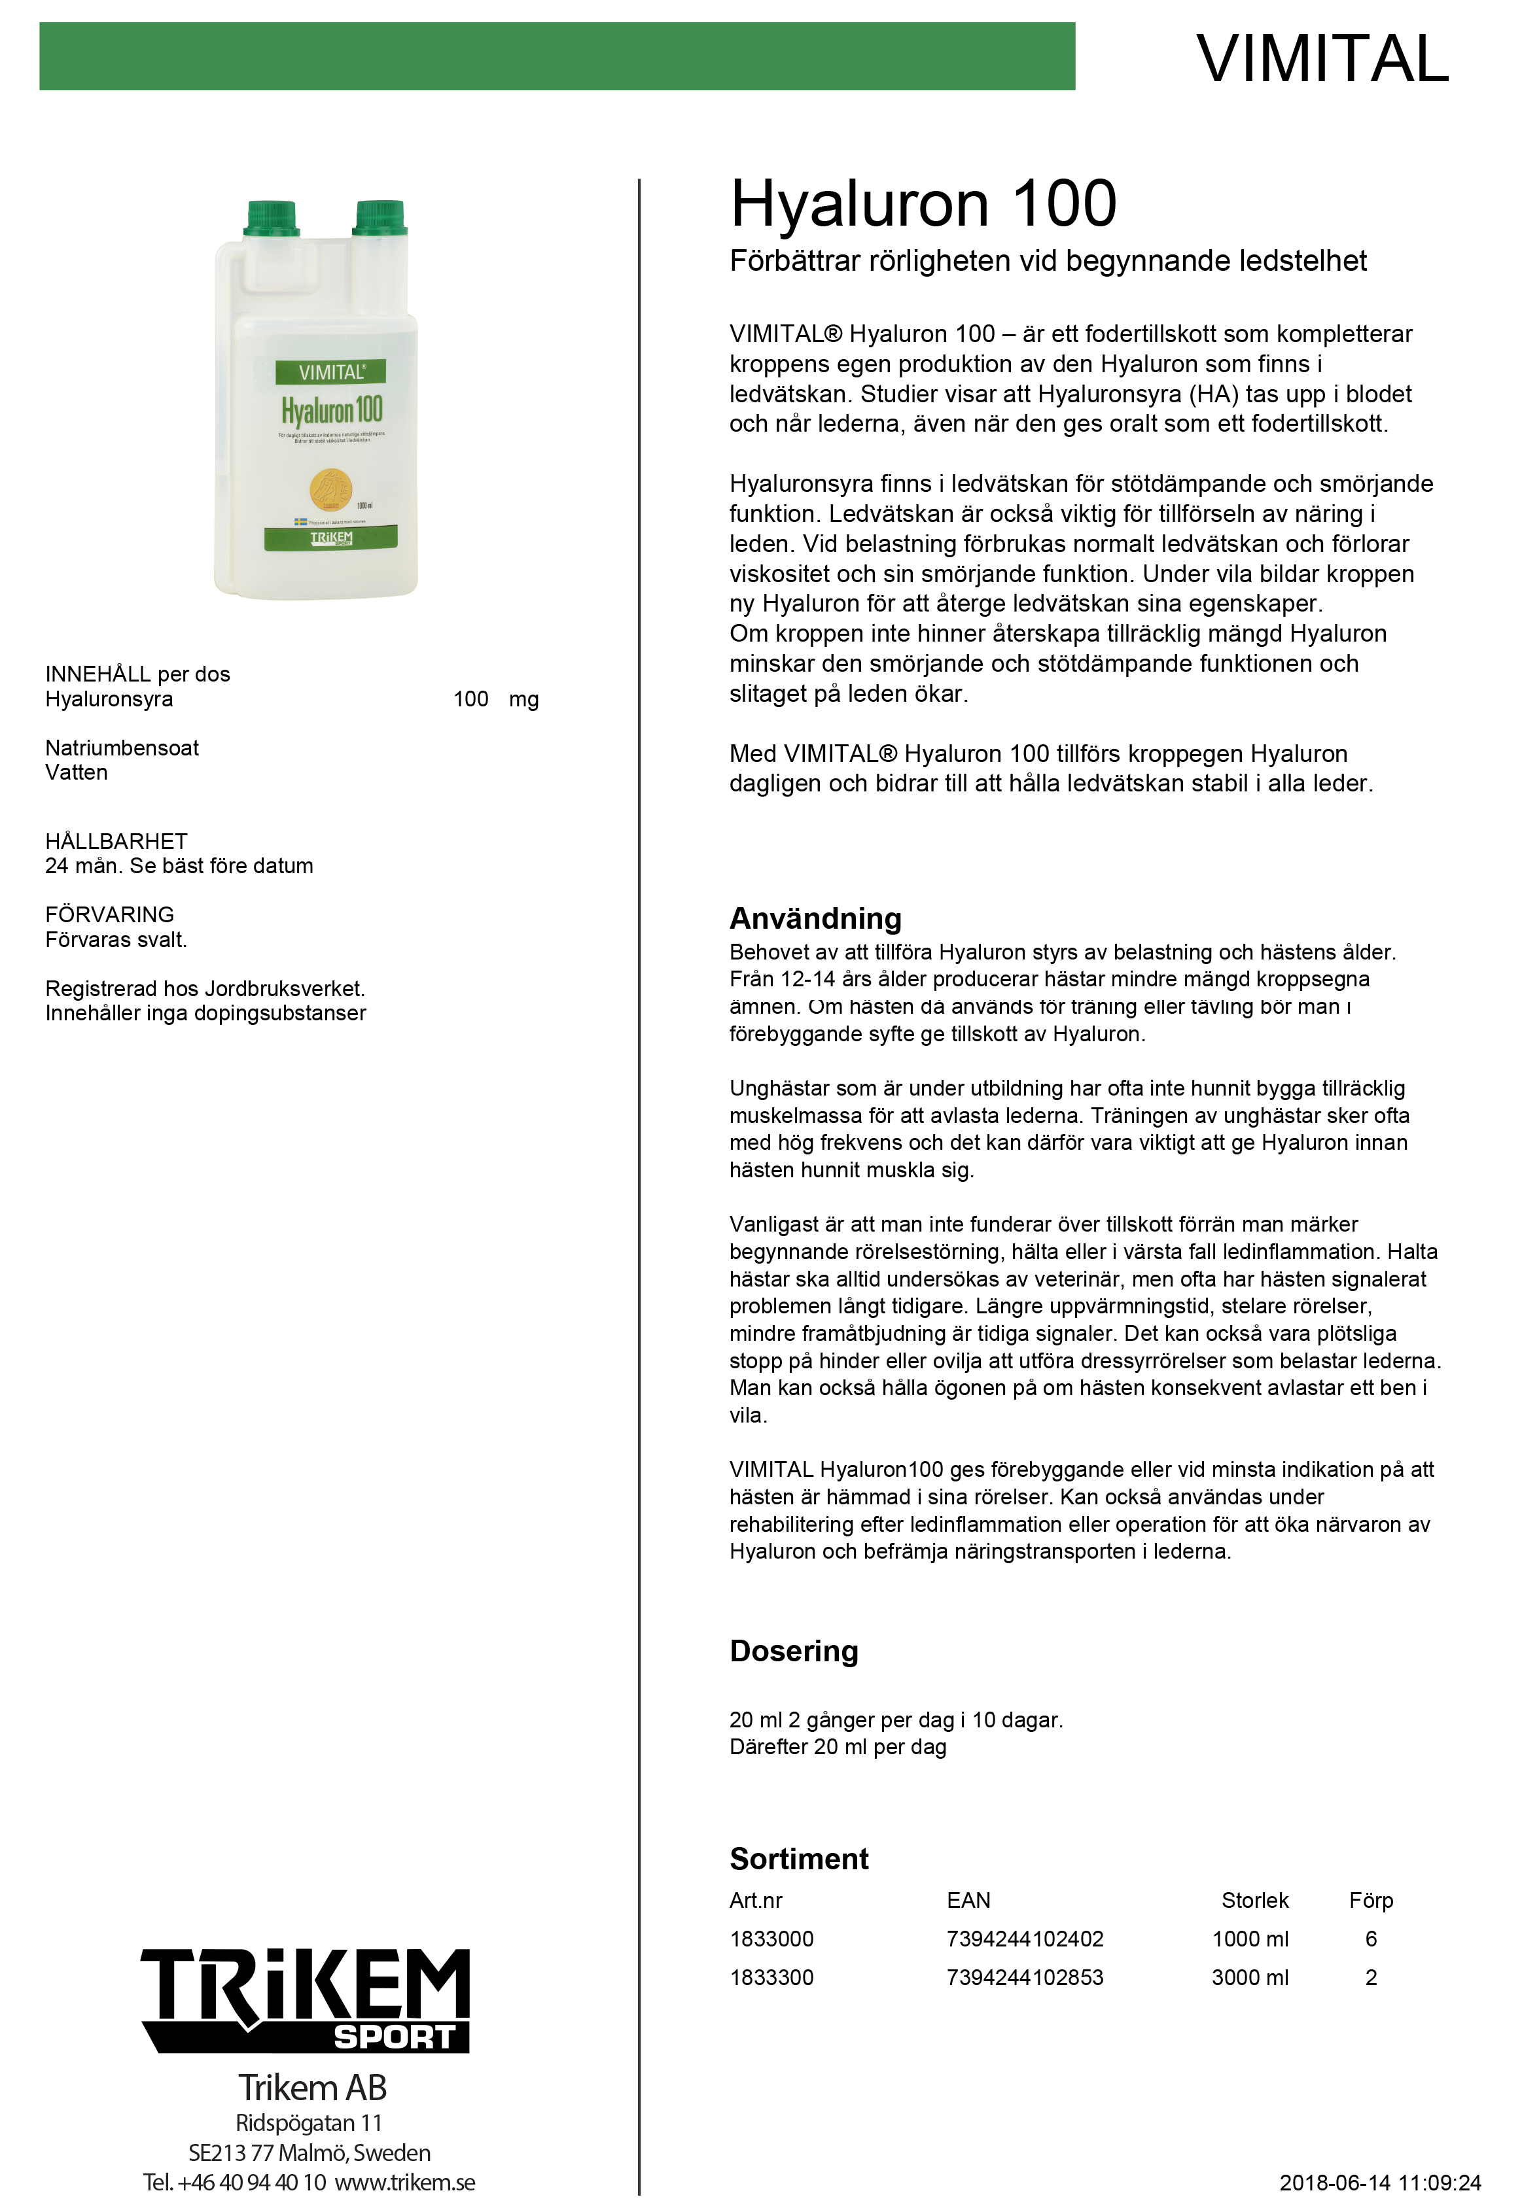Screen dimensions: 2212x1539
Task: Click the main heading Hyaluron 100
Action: [922, 204]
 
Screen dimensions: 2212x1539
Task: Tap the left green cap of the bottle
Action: [271, 218]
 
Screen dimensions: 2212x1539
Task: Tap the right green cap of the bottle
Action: [380, 218]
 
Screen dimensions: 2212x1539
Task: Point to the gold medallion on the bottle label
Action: [330, 489]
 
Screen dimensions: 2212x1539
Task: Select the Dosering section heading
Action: [793, 1650]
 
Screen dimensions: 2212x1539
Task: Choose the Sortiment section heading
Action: [799, 1858]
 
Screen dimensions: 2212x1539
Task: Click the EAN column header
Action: [968, 1900]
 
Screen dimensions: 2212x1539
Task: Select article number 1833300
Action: [771, 1977]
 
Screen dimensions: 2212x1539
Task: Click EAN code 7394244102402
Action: [1025, 1939]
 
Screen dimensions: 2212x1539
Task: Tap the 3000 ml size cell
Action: [1249, 1977]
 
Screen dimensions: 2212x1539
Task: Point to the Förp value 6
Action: [1370, 1939]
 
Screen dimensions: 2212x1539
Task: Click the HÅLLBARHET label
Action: [116, 841]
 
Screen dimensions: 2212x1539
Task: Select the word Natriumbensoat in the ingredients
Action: [122, 748]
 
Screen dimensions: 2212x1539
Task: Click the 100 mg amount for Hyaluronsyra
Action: [495, 699]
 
